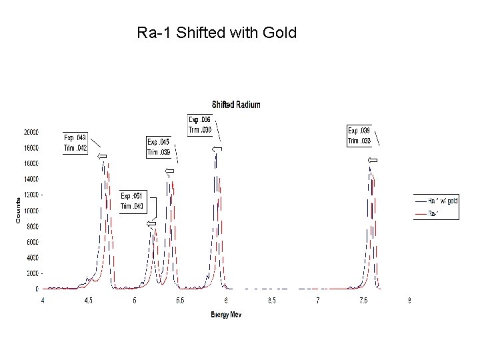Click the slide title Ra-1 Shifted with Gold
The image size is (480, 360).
coord(217,32)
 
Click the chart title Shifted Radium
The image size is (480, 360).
coord(236,105)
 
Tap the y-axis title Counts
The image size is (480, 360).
coord(18,210)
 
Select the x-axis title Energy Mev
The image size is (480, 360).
coord(226,314)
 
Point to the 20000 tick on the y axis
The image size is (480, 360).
coord(31,132)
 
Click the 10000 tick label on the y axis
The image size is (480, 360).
coord(31,211)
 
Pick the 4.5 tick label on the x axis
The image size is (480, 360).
coord(89,301)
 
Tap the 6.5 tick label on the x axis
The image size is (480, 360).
coord(272,301)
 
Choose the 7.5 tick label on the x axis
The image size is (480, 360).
coord(363,301)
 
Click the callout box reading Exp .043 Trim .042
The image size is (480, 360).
coord(75,143)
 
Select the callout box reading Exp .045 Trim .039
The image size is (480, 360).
coord(159,147)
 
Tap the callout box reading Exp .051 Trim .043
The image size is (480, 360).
coord(132,201)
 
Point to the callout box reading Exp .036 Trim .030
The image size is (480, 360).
coord(200,125)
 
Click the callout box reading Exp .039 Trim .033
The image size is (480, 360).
coord(359,136)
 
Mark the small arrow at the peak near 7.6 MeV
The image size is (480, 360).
coord(373,161)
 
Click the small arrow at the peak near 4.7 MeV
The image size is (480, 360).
coord(101,156)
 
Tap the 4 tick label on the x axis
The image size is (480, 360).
coord(43,301)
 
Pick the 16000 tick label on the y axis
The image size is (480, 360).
coord(31,163)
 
